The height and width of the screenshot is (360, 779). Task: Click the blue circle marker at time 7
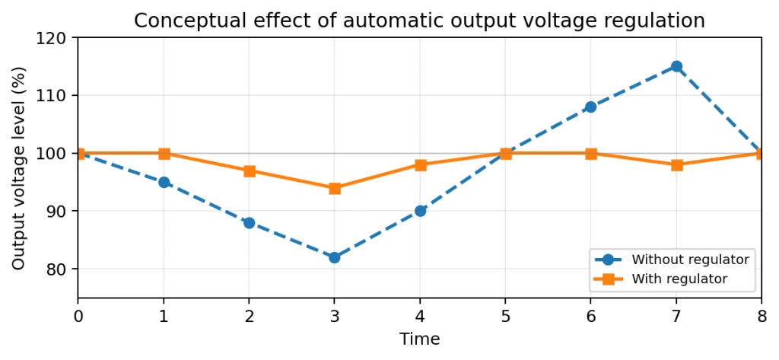point(676,67)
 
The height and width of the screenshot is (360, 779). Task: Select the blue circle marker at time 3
point(335,257)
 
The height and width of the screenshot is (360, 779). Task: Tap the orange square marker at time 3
point(335,189)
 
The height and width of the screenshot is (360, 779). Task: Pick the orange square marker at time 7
point(676,165)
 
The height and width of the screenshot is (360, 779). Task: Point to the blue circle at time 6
point(590,107)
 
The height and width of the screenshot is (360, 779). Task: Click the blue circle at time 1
point(164,183)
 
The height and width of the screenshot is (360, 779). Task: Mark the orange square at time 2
point(250,171)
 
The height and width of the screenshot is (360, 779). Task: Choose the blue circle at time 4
point(420,211)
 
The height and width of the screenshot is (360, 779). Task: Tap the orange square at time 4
point(420,165)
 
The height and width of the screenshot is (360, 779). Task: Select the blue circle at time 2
point(250,223)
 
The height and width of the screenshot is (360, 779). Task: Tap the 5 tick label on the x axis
point(505,316)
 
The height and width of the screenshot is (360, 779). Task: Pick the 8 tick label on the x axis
point(761,316)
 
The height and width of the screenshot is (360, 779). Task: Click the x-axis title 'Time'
point(420,339)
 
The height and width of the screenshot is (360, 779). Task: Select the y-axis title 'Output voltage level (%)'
point(18,167)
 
